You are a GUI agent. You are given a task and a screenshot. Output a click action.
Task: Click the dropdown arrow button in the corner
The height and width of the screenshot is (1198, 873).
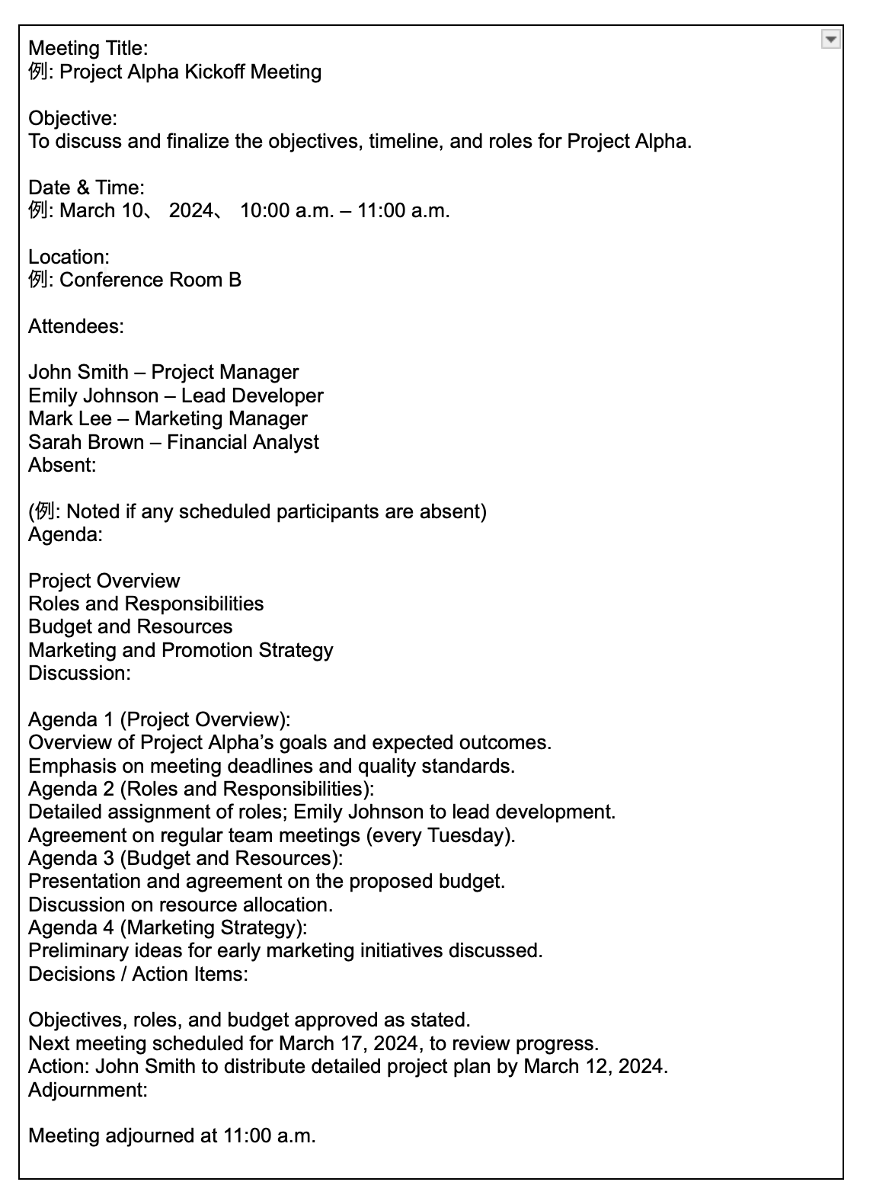pyautogui.click(x=831, y=39)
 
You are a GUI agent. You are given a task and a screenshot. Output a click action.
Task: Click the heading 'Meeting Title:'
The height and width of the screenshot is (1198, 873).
pyautogui.click(x=88, y=49)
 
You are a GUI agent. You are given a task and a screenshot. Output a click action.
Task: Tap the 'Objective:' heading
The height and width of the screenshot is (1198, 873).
pyautogui.click(x=72, y=118)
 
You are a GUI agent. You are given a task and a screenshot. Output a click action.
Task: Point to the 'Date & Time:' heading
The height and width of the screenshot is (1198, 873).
pyautogui.click(x=86, y=187)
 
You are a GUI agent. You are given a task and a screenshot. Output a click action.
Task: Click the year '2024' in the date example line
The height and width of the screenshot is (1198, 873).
pyautogui.click(x=190, y=211)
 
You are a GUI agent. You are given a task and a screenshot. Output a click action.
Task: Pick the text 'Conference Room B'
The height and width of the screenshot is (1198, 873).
pyautogui.click(x=150, y=280)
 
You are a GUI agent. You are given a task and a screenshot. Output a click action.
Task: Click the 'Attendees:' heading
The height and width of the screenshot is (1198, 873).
pyautogui.click(x=75, y=327)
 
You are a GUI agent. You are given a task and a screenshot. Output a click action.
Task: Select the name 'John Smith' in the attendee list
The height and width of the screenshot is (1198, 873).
pyautogui.click(x=78, y=373)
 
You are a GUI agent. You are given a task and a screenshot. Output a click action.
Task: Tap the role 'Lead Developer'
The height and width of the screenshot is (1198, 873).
pyautogui.click(x=252, y=396)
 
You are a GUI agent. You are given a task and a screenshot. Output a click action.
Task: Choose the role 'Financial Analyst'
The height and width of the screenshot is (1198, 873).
pyautogui.click(x=242, y=443)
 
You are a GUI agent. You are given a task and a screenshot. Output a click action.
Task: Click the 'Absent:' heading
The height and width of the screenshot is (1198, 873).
pyautogui.click(x=62, y=466)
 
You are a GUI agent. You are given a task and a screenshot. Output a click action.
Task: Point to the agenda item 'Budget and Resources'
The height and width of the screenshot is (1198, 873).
pyautogui.click(x=130, y=627)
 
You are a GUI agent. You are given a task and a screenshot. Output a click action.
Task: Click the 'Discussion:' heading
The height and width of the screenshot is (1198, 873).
pyautogui.click(x=79, y=674)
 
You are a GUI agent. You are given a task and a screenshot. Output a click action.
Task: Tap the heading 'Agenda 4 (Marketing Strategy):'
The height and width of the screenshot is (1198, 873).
pyautogui.click(x=168, y=927)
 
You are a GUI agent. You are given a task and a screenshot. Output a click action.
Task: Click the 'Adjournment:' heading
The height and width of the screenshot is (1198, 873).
pyautogui.click(x=88, y=1090)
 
